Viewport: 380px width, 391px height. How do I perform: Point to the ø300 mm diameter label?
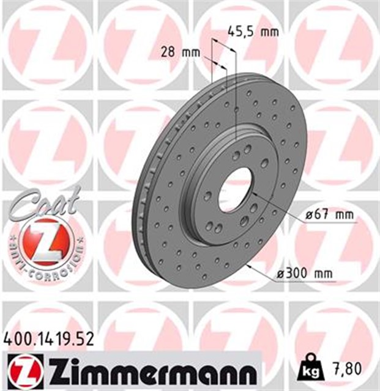pos(305,273)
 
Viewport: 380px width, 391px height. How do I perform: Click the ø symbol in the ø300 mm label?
pos(281,274)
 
